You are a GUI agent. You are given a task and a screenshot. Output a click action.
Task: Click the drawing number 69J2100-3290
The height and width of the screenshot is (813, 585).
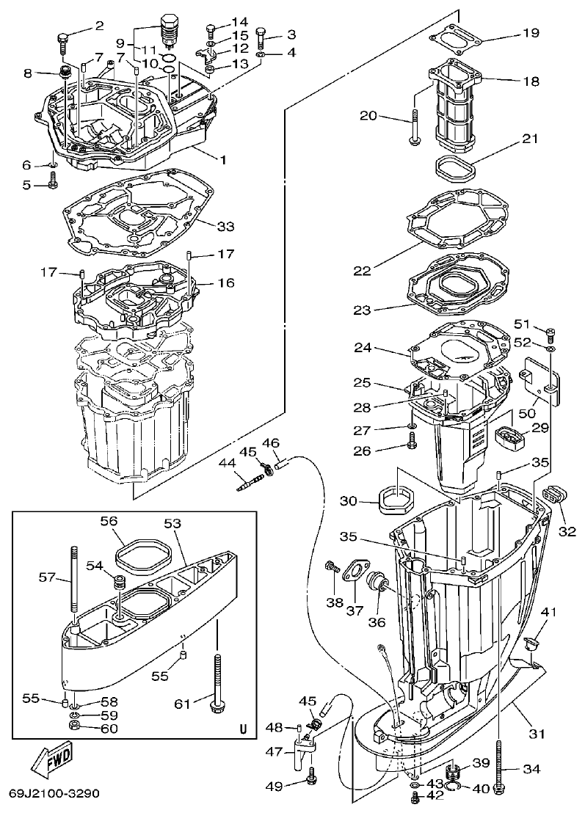54,794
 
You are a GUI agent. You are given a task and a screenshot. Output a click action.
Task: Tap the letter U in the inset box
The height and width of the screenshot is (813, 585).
242,729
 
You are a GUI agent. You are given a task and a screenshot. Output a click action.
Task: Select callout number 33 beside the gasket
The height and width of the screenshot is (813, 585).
226,225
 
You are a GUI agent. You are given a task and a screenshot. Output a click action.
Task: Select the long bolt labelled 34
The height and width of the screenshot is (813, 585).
500,756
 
